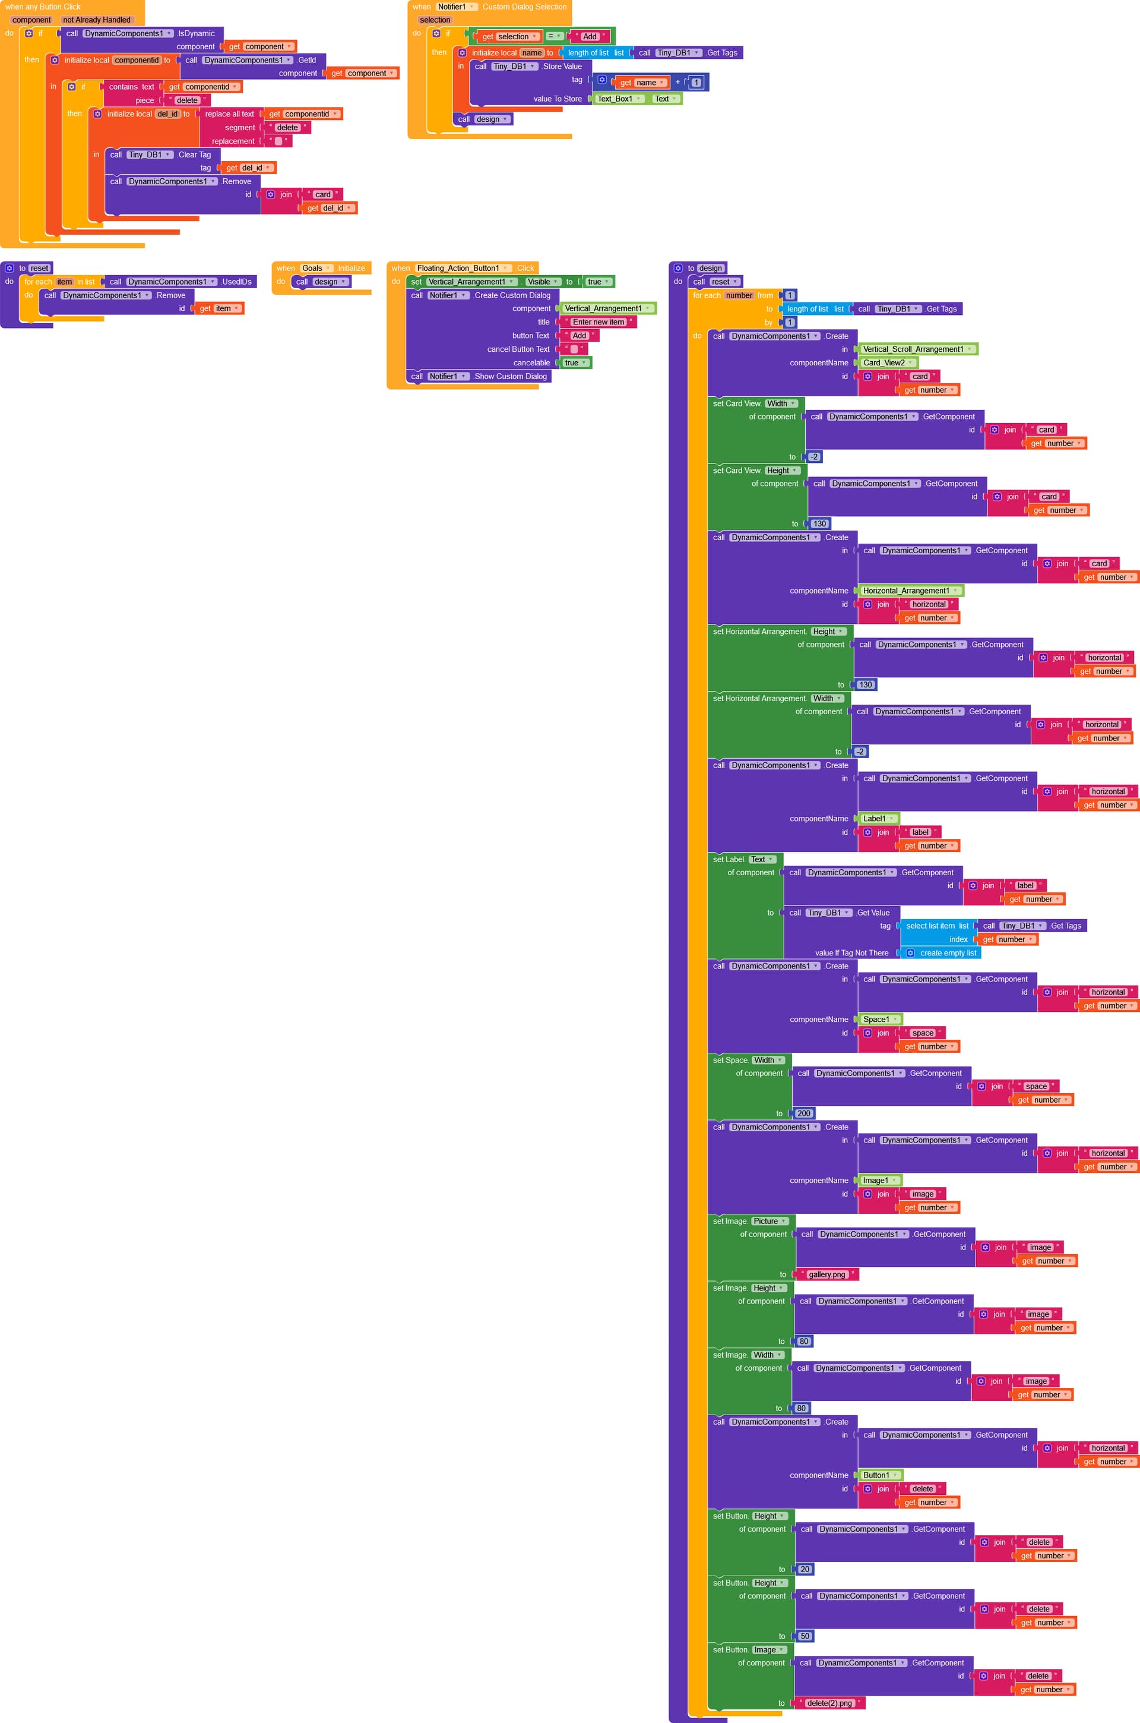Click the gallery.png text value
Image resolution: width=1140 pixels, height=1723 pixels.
[827, 1274]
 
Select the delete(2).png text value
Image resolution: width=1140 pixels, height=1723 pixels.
[829, 1703]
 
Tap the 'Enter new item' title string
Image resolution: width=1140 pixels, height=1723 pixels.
[598, 322]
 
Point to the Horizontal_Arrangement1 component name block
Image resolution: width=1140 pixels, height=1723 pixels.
[911, 591]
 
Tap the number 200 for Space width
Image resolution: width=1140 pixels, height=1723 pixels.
[803, 1113]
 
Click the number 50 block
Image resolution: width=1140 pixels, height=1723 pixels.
[805, 1636]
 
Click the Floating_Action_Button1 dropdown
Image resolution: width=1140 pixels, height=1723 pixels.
[463, 269]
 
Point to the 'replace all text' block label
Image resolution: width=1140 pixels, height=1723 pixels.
[230, 114]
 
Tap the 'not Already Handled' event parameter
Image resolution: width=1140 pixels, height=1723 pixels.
[97, 20]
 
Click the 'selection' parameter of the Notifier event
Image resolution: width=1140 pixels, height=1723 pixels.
[435, 20]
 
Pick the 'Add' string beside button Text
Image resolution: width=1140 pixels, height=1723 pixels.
[579, 335]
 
